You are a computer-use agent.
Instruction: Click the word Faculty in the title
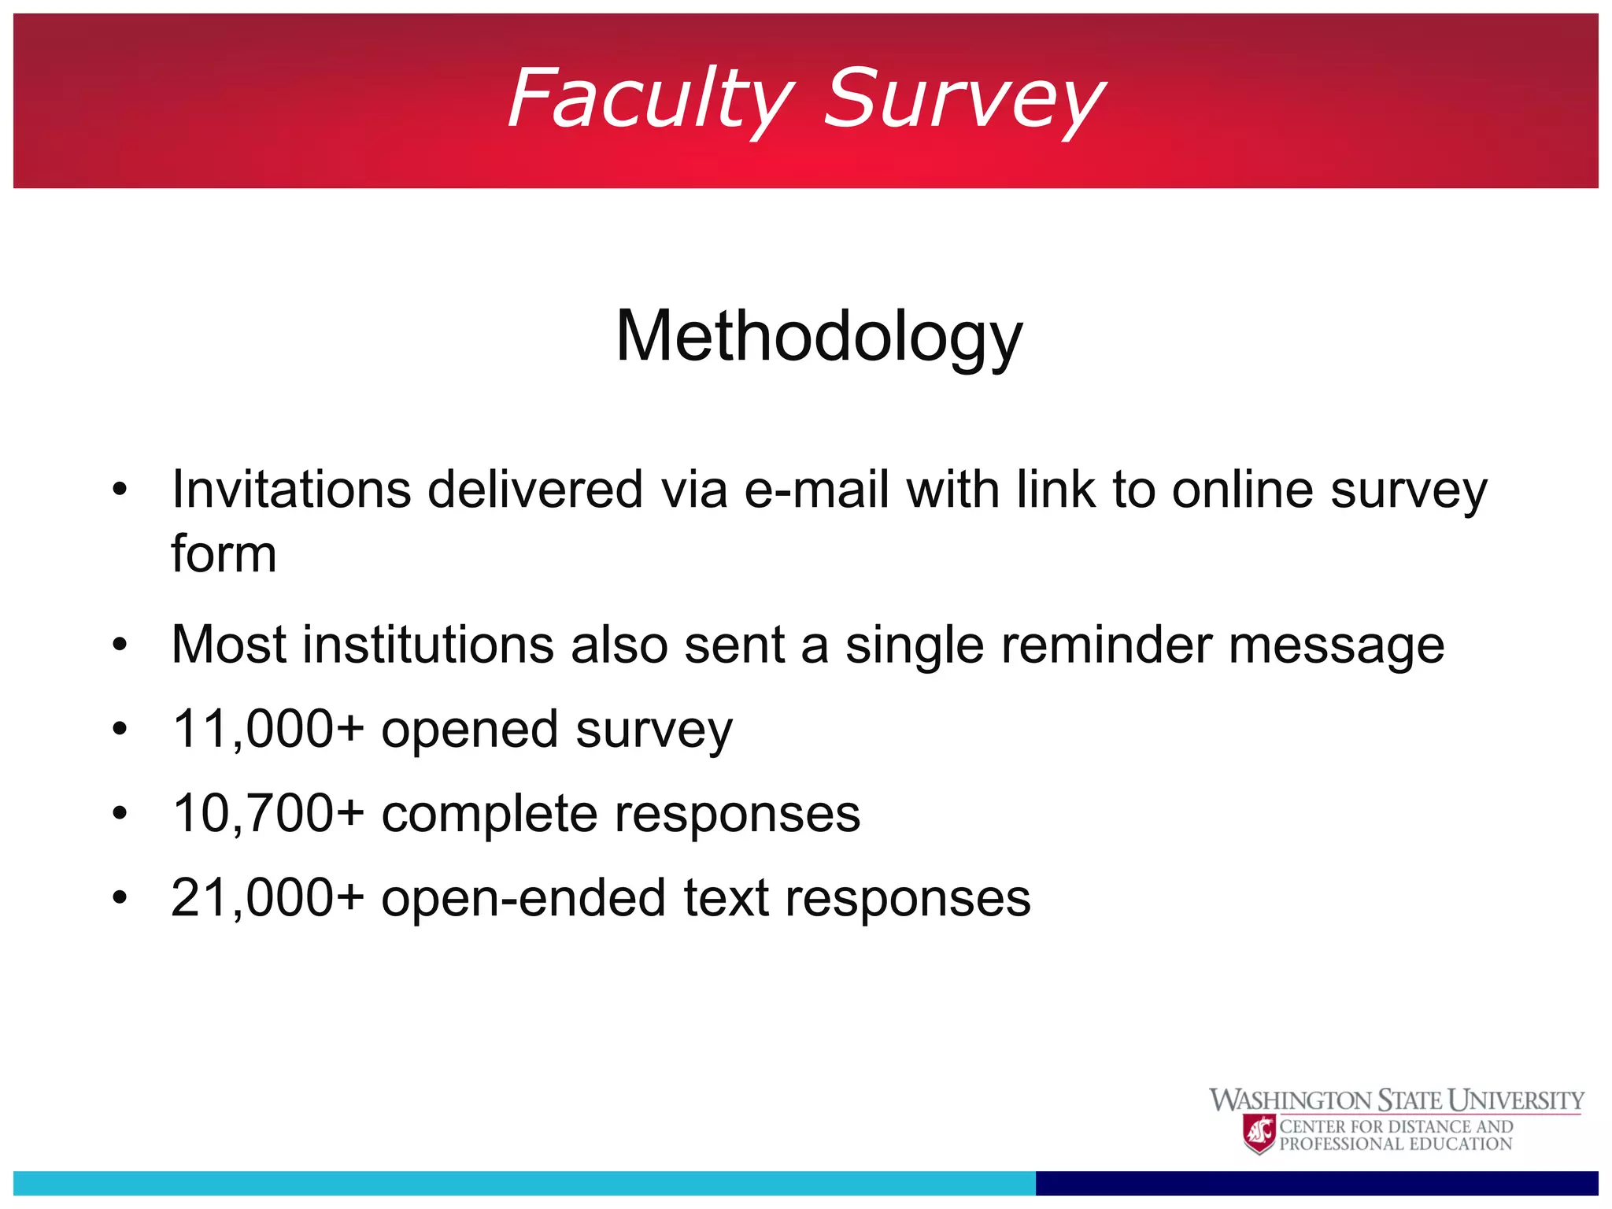tap(650, 99)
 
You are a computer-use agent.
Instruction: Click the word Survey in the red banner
tap(963, 99)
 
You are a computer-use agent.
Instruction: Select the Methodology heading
tap(819, 337)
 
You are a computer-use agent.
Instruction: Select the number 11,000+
tap(268, 730)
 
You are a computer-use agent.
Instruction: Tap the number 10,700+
tap(268, 814)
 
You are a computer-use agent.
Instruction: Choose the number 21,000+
tap(268, 898)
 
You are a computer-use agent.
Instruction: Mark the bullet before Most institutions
tap(120, 645)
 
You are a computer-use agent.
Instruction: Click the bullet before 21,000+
tap(120, 897)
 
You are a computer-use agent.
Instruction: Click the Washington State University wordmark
tap(1396, 1100)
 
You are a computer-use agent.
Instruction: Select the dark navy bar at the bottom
tap(1316, 1182)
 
